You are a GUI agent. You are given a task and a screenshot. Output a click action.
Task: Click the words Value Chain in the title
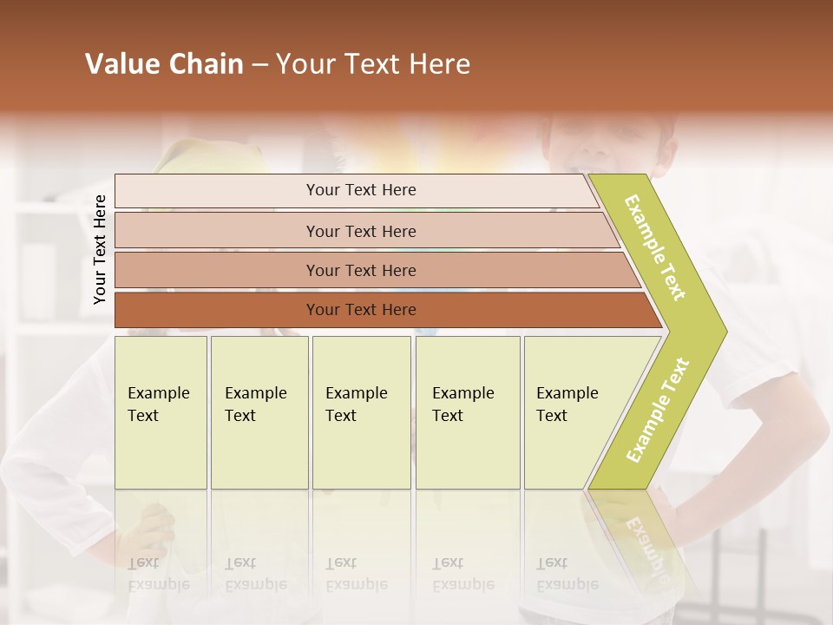164,64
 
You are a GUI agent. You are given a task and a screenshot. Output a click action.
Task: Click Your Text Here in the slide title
373,64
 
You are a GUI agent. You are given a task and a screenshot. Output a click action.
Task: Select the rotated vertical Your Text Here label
100,249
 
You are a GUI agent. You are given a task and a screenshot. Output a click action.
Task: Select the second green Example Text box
259,412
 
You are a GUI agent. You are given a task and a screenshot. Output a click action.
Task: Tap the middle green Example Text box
361,412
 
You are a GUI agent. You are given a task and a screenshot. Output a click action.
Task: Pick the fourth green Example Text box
468,412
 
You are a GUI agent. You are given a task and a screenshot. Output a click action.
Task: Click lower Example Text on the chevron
658,410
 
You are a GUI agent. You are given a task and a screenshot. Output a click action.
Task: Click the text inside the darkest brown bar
361,310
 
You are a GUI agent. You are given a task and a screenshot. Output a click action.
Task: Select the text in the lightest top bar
361,190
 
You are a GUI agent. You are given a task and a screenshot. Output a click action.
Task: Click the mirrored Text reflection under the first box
143,562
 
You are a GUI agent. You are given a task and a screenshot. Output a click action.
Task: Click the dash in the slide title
259,65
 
